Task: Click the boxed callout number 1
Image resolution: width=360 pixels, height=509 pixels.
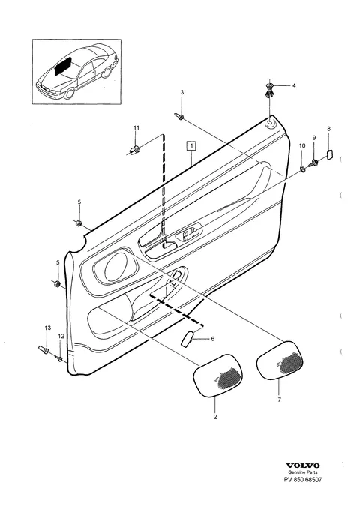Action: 192,146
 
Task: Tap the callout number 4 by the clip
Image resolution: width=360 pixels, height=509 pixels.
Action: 294,85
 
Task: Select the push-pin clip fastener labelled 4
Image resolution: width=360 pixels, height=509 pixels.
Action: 269,91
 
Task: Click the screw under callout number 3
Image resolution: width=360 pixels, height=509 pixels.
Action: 179,116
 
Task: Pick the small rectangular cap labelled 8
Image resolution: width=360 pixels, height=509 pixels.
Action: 329,155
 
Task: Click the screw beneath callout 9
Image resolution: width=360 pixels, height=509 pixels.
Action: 313,163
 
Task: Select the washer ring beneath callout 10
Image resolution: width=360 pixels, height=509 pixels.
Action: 302,169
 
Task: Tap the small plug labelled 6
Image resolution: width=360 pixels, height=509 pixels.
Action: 187,339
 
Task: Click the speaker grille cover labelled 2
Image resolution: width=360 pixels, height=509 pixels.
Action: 218,376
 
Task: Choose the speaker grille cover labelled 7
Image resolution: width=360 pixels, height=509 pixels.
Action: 280,360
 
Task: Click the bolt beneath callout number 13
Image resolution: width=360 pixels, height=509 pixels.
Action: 43,349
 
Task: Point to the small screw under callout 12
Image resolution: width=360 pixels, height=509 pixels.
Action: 60,358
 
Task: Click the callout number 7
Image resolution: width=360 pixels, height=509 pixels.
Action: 280,400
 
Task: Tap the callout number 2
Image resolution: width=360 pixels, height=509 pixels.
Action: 215,417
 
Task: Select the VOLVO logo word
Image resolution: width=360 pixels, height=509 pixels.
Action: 303,466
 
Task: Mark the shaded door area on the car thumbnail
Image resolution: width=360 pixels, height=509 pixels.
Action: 64,66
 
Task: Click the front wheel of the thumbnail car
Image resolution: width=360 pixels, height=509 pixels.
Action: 69,94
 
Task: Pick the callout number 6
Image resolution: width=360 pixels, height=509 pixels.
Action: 213,339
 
